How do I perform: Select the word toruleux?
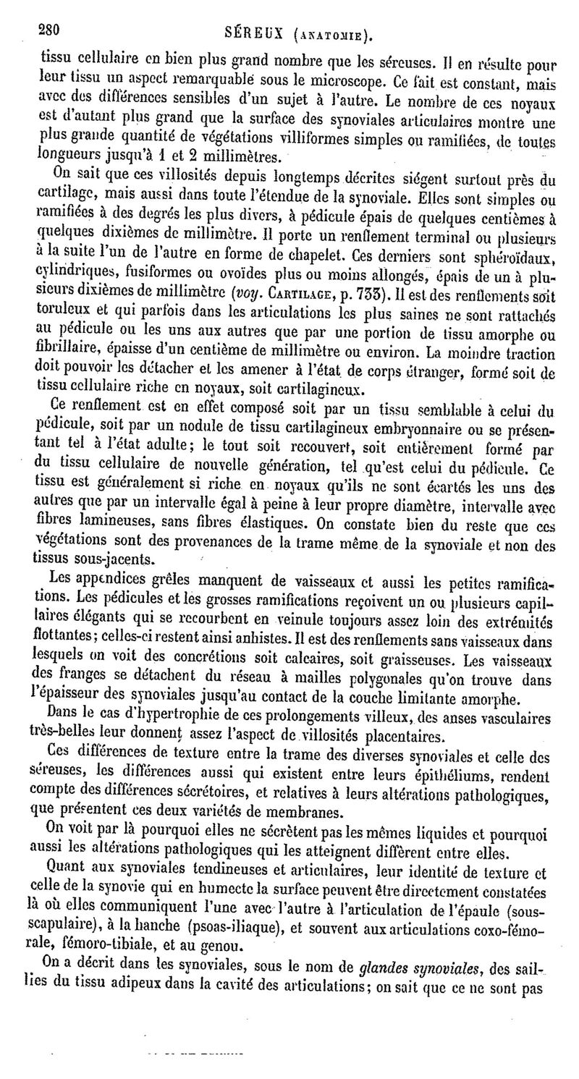pyautogui.click(x=66, y=310)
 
